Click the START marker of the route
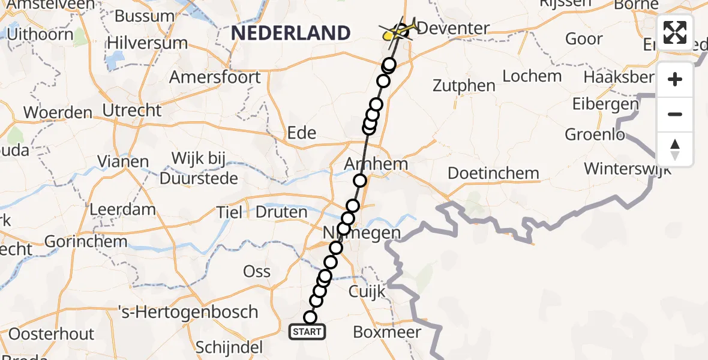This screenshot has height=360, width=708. (x=307, y=331)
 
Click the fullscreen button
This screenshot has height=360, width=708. (x=675, y=32)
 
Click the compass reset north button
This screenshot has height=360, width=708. (x=675, y=149)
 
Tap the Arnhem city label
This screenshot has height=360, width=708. (x=376, y=164)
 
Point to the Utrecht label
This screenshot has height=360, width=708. (x=132, y=110)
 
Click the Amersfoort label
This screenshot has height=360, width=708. (x=215, y=77)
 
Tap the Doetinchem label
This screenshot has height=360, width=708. (x=493, y=173)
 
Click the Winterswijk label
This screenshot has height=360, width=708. (x=628, y=168)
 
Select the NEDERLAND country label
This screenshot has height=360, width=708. (x=290, y=32)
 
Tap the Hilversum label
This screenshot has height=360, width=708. (x=147, y=43)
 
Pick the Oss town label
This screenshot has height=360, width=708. (x=257, y=271)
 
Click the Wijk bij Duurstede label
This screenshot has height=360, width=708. (x=199, y=168)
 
